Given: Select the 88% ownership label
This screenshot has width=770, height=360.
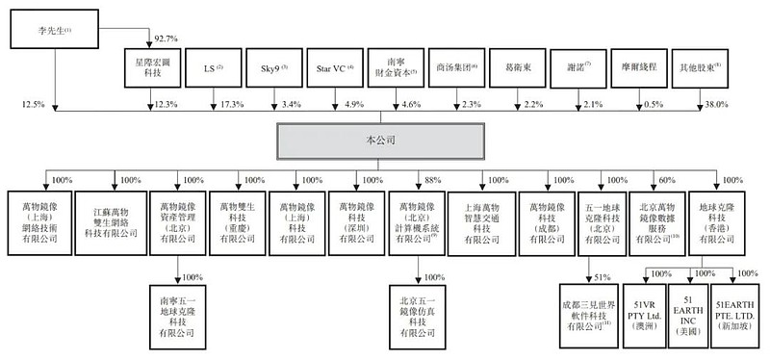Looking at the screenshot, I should tap(434, 179).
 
